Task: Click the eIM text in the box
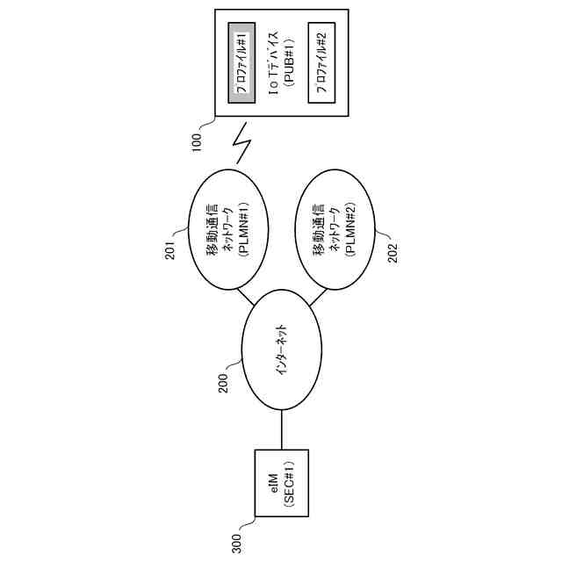273,483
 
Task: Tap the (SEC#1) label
289,483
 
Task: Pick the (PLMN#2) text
350,231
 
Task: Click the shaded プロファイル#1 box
241,61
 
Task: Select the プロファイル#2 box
321,61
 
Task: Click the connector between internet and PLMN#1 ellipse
249,296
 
